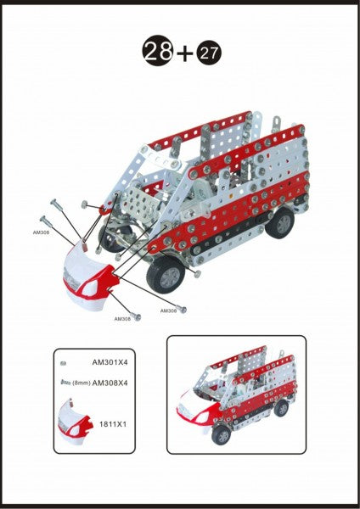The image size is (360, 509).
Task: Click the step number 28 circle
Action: coord(157,51)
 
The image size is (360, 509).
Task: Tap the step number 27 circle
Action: coord(209,53)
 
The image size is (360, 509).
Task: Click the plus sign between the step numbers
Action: coord(184,53)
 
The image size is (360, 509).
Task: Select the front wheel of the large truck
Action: coord(166,276)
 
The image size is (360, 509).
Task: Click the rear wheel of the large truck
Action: coord(280,222)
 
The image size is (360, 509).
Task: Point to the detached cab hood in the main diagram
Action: coord(89,275)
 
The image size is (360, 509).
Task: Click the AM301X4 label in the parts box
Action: coord(110,362)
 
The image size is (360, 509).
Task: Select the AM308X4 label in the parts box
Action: coord(110,383)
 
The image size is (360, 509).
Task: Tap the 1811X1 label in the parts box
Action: coord(113,424)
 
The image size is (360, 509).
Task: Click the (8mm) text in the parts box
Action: coord(81,383)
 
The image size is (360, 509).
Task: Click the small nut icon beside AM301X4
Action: coord(64,364)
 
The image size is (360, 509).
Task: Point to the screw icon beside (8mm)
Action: coord(65,383)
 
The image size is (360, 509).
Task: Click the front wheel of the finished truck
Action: coord(221,435)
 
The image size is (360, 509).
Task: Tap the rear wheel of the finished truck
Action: coord(281,408)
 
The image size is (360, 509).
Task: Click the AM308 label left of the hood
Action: coord(41,232)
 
